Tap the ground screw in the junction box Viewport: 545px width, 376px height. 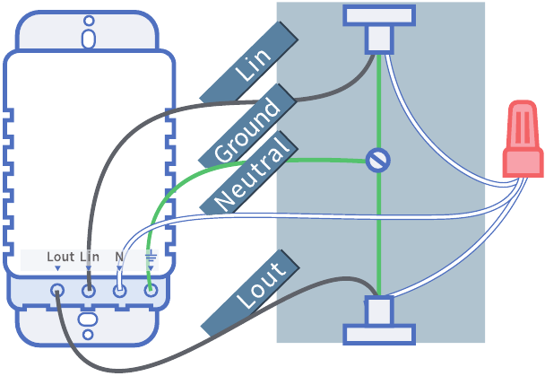tap(379, 161)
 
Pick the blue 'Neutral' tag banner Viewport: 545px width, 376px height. tap(254, 174)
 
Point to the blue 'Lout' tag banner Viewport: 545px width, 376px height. tap(249, 295)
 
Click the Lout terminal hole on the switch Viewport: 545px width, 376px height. tap(57, 291)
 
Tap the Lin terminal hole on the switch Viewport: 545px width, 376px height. tap(89, 291)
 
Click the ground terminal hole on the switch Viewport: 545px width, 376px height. tap(151, 291)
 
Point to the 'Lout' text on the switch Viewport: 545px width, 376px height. tap(60, 258)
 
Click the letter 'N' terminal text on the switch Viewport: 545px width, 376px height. tap(119, 258)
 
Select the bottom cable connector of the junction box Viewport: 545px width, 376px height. tap(379, 321)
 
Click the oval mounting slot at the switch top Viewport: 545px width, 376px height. tap(88, 38)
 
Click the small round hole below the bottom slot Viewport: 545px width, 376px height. tap(88, 335)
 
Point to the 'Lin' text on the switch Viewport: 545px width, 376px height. tap(90, 258)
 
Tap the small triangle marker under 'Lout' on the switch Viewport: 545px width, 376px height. tap(57, 268)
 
